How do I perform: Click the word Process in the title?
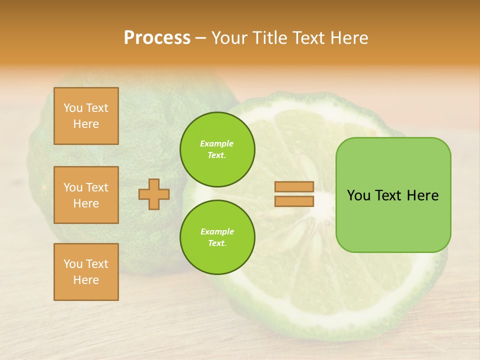tap(157, 38)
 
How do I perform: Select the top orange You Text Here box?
tap(86, 116)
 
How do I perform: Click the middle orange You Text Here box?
tap(86, 195)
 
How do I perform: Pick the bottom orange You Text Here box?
tap(86, 272)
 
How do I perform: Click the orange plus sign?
tap(154, 194)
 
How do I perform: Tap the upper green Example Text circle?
tap(217, 149)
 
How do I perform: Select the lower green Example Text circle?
tap(217, 237)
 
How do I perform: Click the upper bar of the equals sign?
tap(294, 186)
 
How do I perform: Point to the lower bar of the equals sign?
tap(294, 201)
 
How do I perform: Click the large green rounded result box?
tap(393, 220)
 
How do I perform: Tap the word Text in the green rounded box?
tap(389, 195)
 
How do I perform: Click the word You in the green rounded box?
tap(359, 195)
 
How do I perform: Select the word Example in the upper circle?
tap(216, 143)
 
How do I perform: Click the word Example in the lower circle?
tap(217, 231)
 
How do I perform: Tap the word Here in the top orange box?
tap(86, 124)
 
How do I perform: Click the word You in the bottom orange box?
tap(73, 264)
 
